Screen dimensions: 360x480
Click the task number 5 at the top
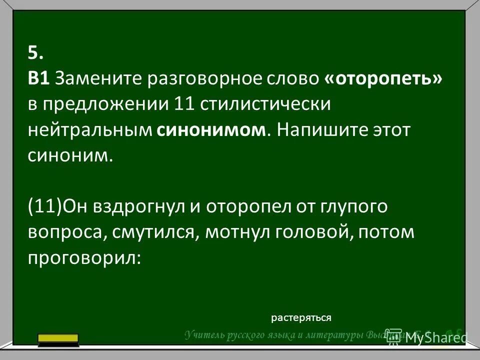tap(36, 52)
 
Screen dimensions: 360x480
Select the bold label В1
tap(38, 78)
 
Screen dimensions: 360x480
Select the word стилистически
tap(265, 104)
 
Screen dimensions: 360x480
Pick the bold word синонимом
tap(212, 130)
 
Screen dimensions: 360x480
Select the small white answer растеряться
tap(301, 317)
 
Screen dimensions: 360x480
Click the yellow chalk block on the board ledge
tap(58, 339)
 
